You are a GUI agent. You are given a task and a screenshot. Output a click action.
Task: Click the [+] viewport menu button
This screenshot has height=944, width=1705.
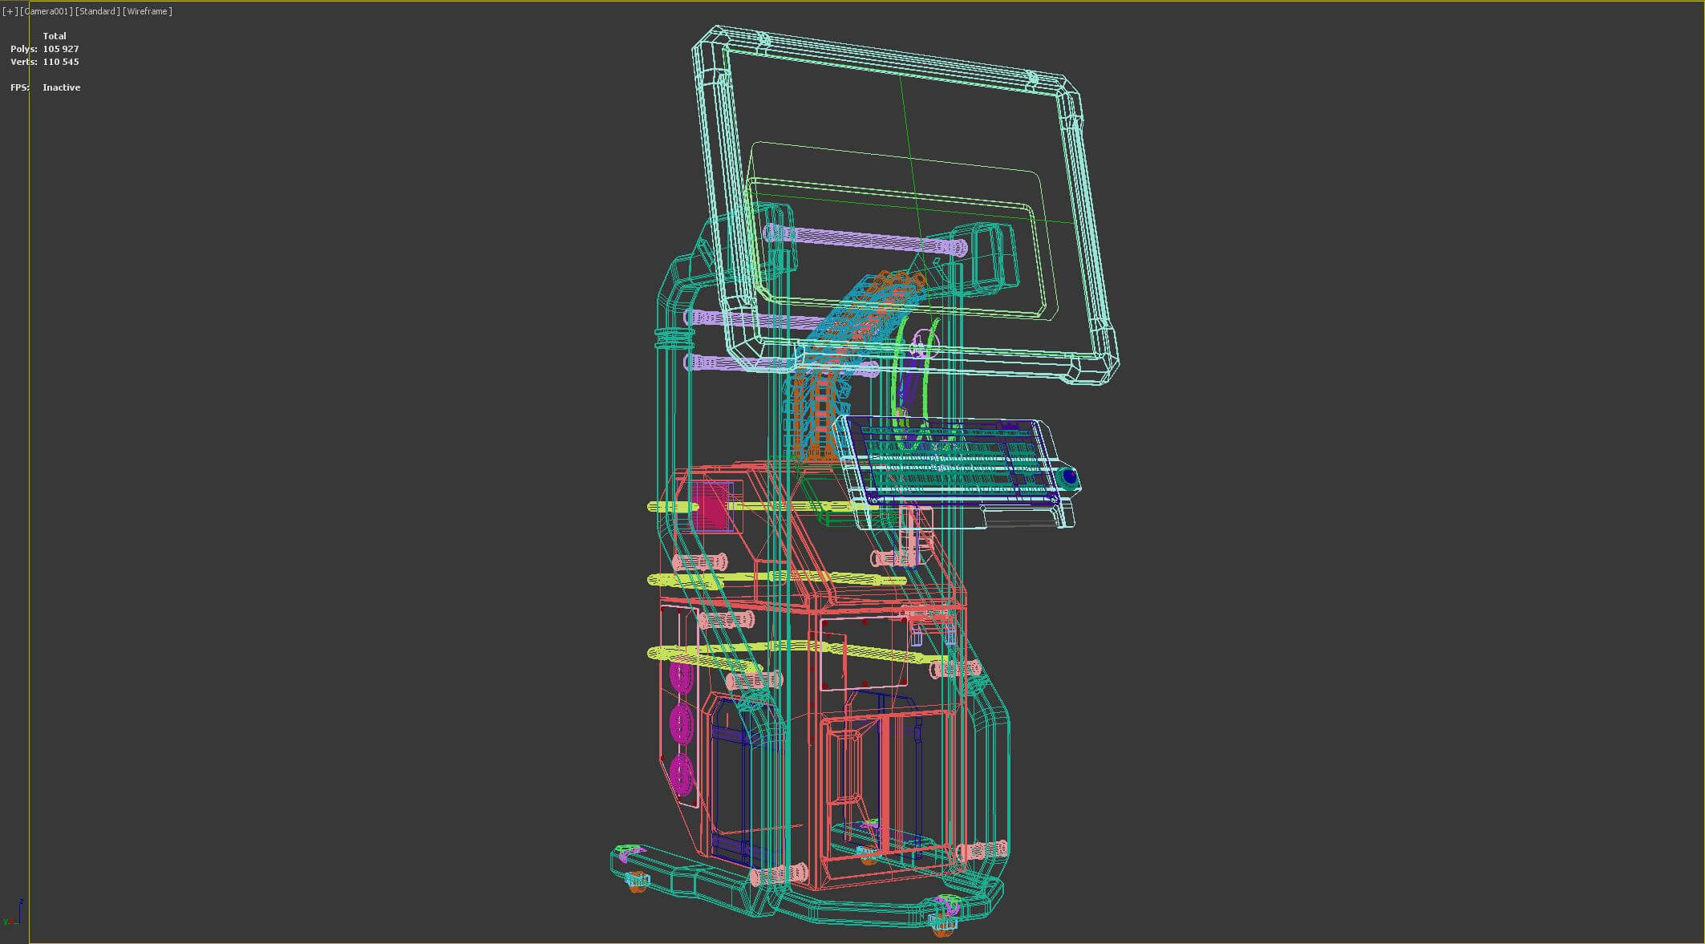[10, 11]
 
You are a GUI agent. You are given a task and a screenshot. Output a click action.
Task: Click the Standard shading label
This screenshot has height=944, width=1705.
[98, 11]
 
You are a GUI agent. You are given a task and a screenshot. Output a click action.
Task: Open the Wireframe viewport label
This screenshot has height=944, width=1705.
[148, 11]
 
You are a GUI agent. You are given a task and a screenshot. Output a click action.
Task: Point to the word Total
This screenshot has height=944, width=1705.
[55, 36]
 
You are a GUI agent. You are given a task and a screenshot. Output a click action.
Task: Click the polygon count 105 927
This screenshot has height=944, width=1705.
[61, 49]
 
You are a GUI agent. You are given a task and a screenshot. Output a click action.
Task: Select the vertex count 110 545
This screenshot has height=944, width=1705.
[61, 62]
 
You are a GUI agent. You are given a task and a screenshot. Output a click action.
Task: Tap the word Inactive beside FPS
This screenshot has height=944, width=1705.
[62, 87]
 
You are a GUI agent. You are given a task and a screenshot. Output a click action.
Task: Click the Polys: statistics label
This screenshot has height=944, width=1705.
[23, 49]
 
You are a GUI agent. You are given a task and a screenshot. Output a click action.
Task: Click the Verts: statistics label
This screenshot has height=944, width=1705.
[23, 62]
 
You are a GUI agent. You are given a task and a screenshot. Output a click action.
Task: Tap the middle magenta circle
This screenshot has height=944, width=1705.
[682, 724]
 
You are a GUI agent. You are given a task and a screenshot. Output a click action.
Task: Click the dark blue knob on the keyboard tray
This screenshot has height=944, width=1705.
[1069, 477]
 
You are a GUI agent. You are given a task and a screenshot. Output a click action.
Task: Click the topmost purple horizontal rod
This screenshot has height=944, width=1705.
[866, 239]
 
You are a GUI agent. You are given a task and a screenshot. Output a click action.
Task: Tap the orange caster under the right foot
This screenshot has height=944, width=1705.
[943, 928]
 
